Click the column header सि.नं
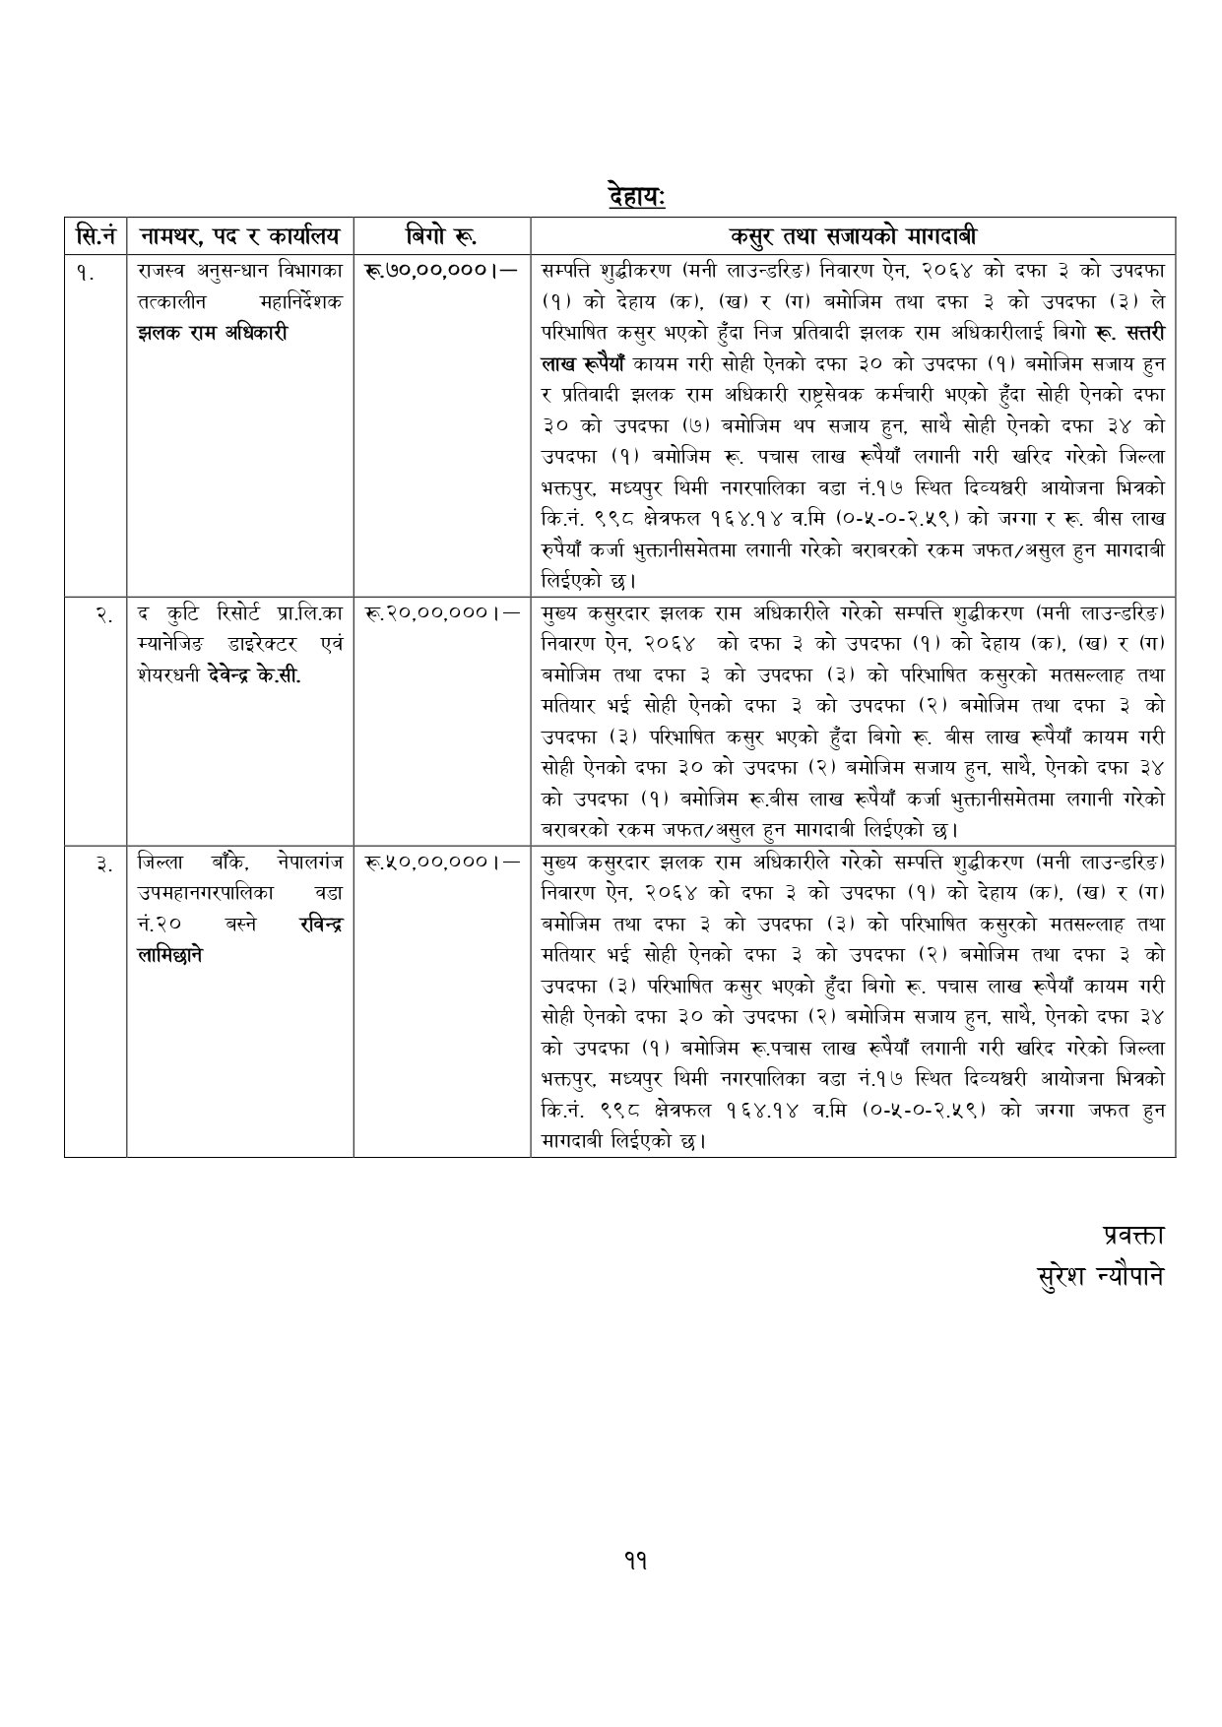(x=96, y=236)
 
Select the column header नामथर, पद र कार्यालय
(x=239, y=236)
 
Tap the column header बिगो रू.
(x=441, y=236)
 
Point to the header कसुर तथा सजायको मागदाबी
(x=853, y=236)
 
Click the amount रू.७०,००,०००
(x=440, y=269)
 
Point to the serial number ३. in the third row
(x=103, y=864)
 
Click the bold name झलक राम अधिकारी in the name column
(x=213, y=333)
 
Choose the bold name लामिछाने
(x=171, y=955)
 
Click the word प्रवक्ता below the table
(x=1132, y=1235)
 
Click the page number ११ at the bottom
(x=635, y=1560)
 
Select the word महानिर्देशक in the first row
(x=297, y=302)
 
